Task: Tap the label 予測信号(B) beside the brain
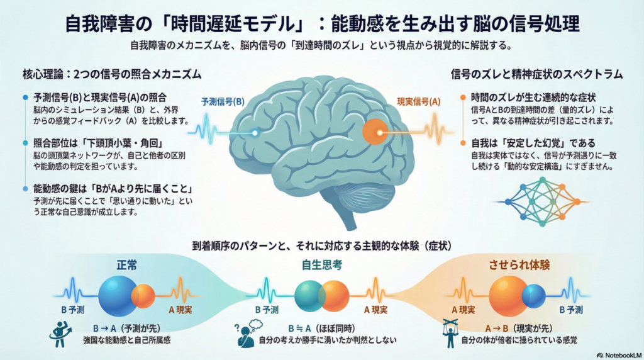(223, 102)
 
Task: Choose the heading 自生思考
(321, 265)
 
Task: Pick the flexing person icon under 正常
(60, 334)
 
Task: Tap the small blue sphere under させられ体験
(534, 295)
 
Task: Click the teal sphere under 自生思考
(311, 295)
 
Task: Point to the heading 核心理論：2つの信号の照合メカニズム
(111, 74)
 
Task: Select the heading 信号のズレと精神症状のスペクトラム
(536, 74)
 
